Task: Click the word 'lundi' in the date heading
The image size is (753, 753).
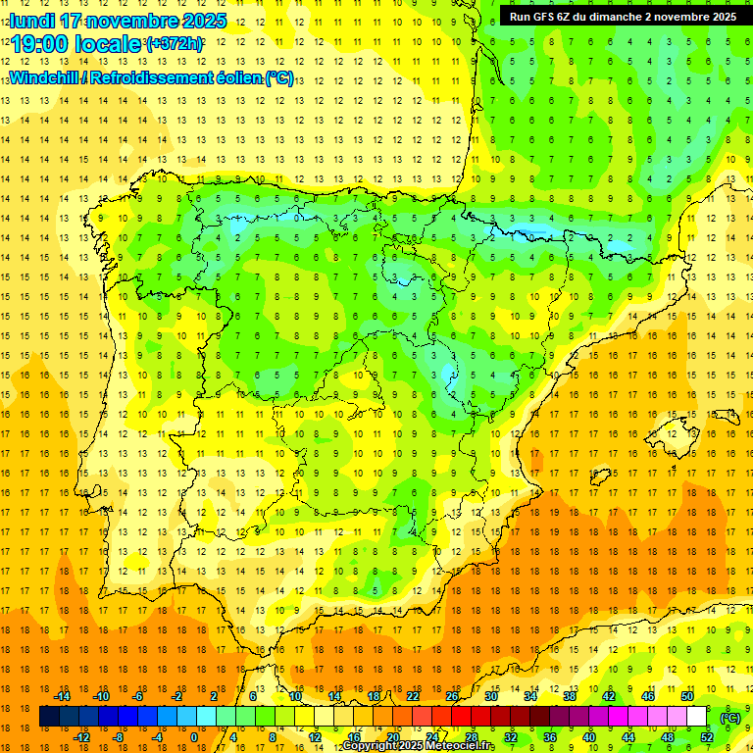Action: click(31, 21)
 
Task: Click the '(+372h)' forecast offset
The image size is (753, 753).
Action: click(175, 44)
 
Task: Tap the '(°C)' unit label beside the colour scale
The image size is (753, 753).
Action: click(730, 718)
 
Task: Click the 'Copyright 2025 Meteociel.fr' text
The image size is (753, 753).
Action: click(418, 746)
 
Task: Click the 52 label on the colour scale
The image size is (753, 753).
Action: click(707, 737)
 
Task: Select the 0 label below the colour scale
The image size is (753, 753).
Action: click(194, 737)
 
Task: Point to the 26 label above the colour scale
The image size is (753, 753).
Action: click(451, 696)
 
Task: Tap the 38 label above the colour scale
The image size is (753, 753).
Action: click(569, 696)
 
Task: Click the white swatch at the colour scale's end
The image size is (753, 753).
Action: click(697, 717)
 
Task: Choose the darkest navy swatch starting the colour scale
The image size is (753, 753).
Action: click(49, 717)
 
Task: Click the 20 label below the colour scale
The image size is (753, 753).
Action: click(392, 737)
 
